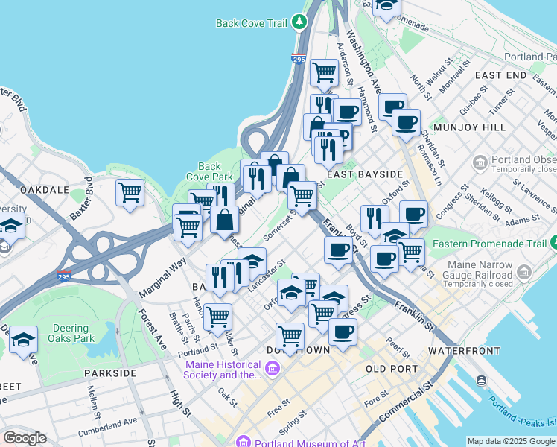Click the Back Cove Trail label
point(251,23)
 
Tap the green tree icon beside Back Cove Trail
point(300,22)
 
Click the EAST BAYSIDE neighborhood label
point(364,174)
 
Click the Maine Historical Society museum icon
point(273,368)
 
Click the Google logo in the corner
point(25,438)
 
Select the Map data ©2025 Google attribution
point(510,441)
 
